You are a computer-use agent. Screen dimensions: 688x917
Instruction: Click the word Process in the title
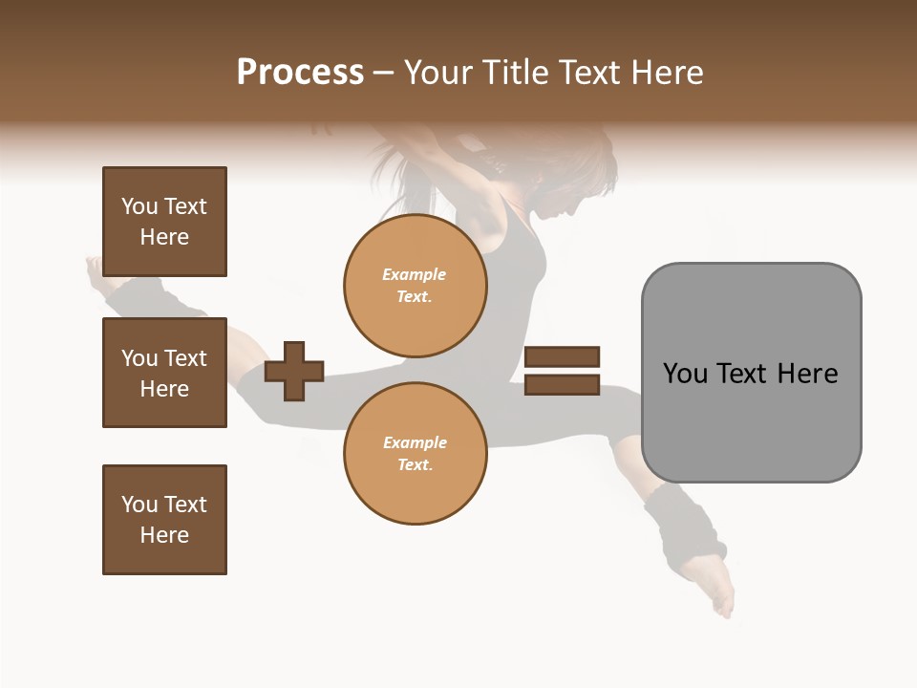coord(300,73)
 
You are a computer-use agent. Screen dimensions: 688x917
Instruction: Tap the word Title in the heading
coord(515,73)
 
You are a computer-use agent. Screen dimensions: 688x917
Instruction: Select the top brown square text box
coord(164,222)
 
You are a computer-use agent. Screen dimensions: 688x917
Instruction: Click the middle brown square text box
coord(164,373)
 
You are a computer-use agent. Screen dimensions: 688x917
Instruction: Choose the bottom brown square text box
coord(164,519)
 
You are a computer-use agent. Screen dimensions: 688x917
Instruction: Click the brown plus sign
coord(294,371)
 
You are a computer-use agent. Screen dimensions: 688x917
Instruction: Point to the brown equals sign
coord(562,371)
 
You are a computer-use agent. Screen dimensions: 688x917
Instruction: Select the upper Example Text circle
coord(415,286)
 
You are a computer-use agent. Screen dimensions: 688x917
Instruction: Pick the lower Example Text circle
coord(415,453)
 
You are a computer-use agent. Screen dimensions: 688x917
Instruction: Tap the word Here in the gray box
coord(807,374)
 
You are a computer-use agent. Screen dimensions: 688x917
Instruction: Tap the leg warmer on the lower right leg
coord(682,527)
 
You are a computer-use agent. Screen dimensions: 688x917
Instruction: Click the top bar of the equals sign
coord(562,356)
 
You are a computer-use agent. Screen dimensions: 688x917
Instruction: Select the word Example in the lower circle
coord(415,442)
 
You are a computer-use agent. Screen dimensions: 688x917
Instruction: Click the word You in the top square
coord(139,206)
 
